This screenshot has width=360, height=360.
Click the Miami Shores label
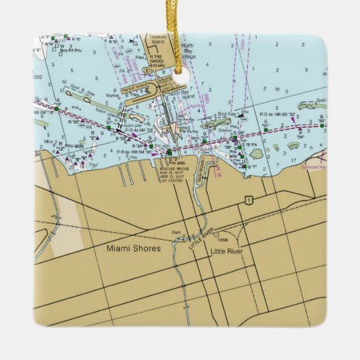[x=134, y=249]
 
